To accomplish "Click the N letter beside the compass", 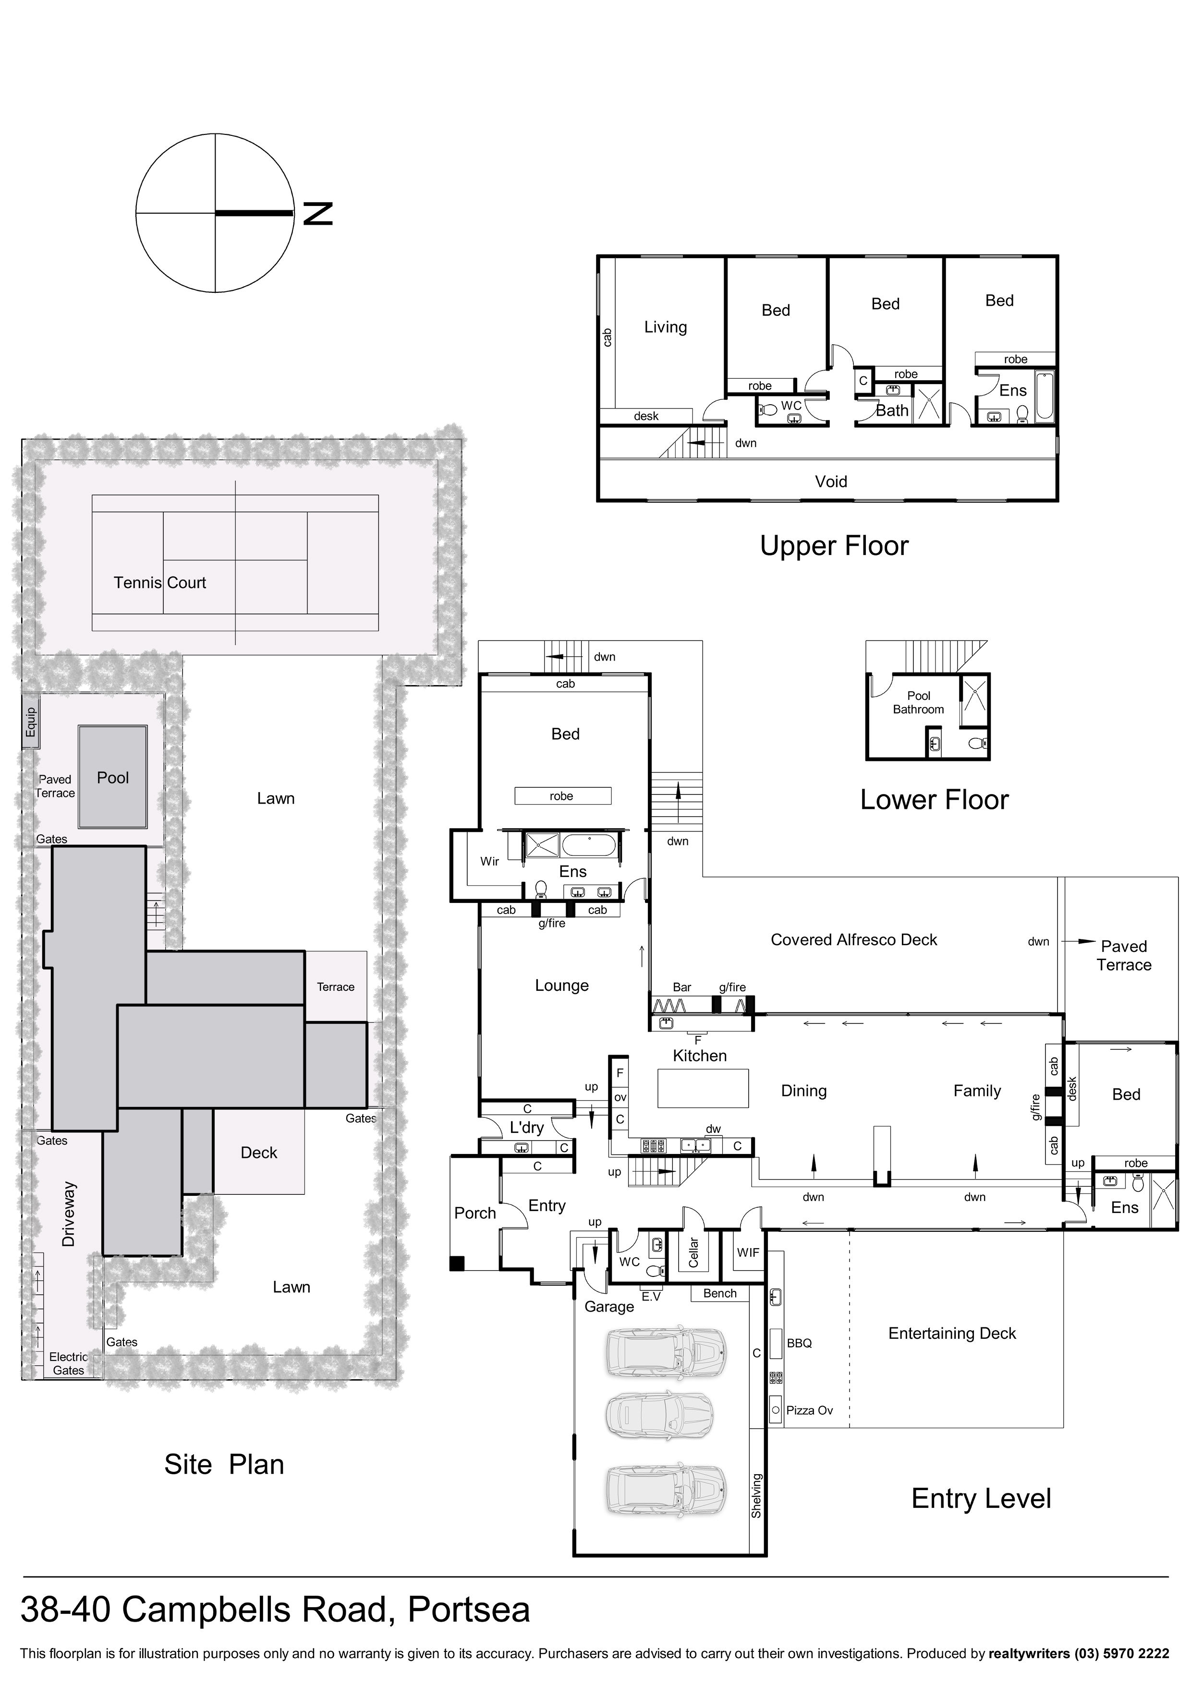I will coord(318,214).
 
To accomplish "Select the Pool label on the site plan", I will coord(113,778).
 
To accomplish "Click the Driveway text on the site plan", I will coord(69,1214).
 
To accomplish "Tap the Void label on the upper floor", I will coord(831,482).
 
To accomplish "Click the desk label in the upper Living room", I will coord(646,416).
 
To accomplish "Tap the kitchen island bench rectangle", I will coord(703,1088).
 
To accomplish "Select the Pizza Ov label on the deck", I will coord(809,1410).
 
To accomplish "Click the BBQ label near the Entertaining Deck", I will coord(799,1343).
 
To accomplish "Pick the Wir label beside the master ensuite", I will coord(489,861).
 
